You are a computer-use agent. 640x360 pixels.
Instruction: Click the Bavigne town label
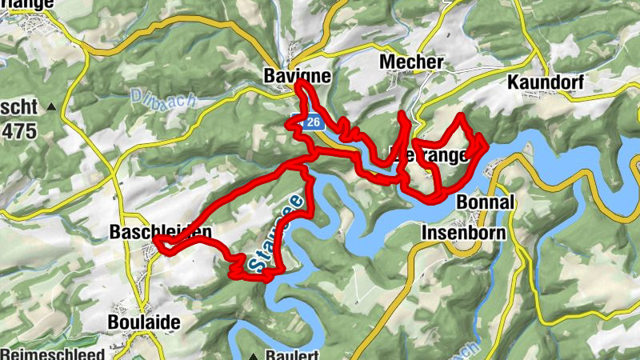click(x=296, y=74)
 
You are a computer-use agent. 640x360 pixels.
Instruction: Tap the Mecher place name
click(x=412, y=62)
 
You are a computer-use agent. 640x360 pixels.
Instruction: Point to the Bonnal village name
click(x=485, y=202)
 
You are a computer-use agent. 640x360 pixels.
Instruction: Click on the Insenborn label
click(x=464, y=233)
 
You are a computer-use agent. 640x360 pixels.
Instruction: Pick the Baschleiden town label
click(x=160, y=232)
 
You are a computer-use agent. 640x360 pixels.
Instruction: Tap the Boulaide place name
click(x=143, y=322)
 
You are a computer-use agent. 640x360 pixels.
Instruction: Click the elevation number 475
click(x=18, y=130)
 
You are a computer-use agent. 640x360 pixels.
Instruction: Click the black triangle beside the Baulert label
click(x=254, y=354)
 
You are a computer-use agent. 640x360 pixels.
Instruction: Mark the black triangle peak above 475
click(x=52, y=106)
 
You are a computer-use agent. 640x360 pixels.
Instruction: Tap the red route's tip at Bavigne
click(x=300, y=83)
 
